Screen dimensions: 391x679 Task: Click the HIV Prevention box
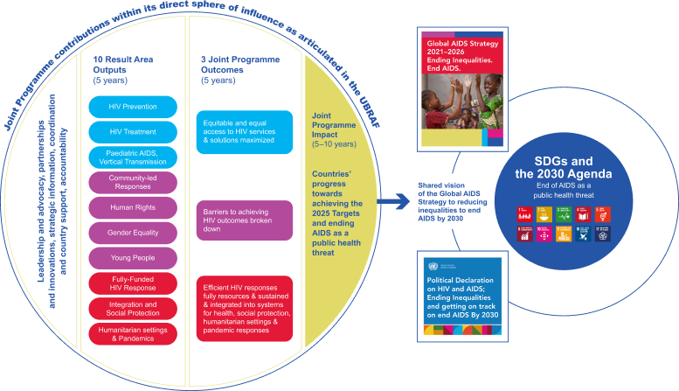(x=132, y=107)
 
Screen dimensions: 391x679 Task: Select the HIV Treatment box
(x=132, y=133)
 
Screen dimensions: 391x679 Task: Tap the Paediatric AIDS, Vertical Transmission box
(x=132, y=158)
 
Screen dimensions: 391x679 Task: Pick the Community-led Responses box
(x=132, y=184)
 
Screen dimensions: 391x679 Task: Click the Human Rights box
(x=132, y=208)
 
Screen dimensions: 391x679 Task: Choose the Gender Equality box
(x=132, y=234)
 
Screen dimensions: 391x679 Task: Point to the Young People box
(x=132, y=259)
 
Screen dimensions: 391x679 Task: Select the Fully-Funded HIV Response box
(x=132, y=283)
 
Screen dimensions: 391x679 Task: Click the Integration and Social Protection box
(x=132, y=308)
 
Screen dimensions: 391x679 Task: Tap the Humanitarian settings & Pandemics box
(x=132, y=333)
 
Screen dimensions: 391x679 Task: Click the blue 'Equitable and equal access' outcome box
(x=244, y=132)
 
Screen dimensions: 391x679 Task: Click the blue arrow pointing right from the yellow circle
(x=394, y=202)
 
